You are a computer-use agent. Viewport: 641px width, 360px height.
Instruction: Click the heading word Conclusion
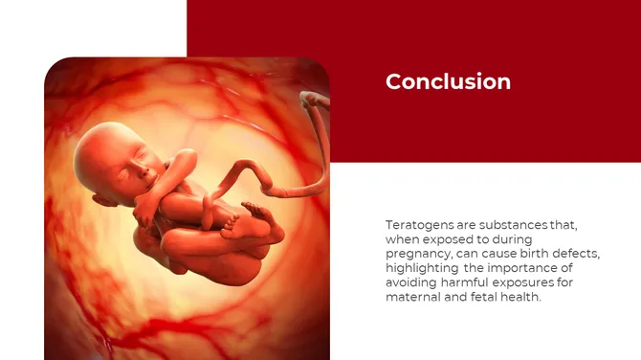pyautogui.click(x=448, y=82)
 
